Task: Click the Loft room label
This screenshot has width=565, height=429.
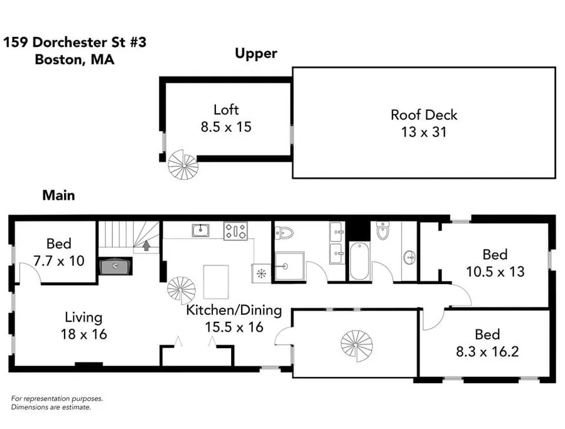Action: (226, 109)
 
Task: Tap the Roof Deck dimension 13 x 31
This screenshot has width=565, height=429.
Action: (424, 132)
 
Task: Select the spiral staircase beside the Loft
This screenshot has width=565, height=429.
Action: (183, 165)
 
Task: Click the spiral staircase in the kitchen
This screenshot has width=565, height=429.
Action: (181, 290)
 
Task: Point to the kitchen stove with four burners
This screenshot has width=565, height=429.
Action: (235, 231)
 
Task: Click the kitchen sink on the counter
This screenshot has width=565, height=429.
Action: (200, 230)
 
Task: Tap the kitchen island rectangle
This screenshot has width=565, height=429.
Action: (216, 282)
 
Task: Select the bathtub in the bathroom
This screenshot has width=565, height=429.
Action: (359, 261)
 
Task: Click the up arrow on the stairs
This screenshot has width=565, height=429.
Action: (146, 245)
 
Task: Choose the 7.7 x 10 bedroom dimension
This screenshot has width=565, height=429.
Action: (59, 260)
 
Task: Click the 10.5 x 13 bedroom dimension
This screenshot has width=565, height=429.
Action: (495, 272)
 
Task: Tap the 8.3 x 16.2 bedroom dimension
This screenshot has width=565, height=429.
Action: (487, 351)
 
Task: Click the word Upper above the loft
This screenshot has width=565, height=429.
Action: (256, 54)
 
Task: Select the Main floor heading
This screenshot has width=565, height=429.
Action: (59, 195)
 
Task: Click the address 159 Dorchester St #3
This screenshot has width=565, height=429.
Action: (75, 42)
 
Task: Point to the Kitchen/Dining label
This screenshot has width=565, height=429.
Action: (234, 310)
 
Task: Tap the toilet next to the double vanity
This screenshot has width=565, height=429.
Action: (285, 233)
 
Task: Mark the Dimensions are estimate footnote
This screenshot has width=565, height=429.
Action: (51, 408)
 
